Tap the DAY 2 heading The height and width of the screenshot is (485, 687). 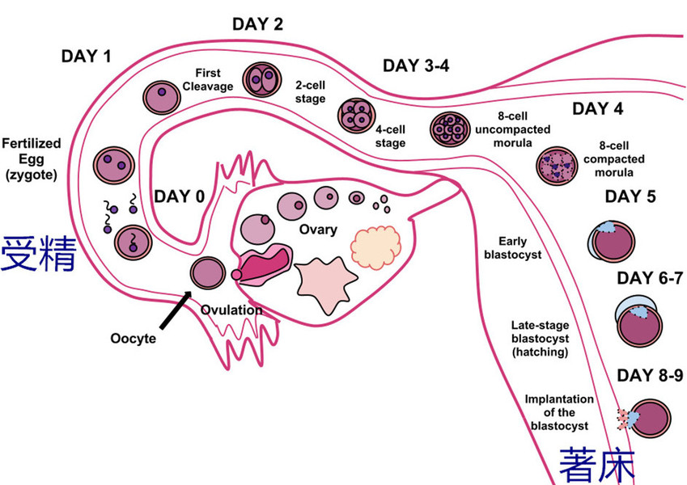(257, 24)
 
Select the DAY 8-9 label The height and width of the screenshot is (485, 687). (651, 375)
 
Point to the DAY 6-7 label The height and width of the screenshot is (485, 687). (651, 279)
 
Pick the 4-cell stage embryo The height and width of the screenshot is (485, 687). (356, 115)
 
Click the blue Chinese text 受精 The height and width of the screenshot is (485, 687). (38, 254)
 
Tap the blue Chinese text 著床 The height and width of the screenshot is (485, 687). (597, 466)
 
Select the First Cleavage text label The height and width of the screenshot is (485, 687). (213, 79)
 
